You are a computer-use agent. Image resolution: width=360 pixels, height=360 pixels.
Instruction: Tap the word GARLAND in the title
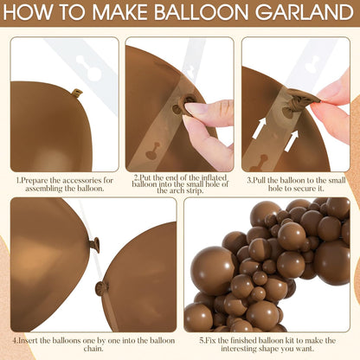(x=305, y=12)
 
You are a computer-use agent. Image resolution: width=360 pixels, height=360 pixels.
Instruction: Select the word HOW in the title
(x=29, y=12)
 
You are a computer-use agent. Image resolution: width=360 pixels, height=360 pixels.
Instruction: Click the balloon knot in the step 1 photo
(x=77, y=93)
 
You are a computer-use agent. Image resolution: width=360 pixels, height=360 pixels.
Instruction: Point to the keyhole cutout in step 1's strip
(x=89, y=68)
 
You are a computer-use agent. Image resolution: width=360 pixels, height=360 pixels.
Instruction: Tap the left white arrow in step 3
(x=259, y=127)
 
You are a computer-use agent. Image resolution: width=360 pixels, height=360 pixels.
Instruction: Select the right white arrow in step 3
(x=291, y=141)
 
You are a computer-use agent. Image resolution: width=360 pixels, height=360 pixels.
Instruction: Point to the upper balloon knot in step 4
(x=94, y=245)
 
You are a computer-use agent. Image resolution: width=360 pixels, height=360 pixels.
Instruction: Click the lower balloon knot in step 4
(x=101, y=288)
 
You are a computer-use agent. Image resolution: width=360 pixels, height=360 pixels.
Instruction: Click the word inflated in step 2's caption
(x=214, y=177)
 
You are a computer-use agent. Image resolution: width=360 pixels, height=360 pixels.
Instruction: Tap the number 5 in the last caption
(x=202, y=341)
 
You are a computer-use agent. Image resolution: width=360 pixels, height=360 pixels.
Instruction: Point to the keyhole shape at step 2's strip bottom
(x=154, y=151)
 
